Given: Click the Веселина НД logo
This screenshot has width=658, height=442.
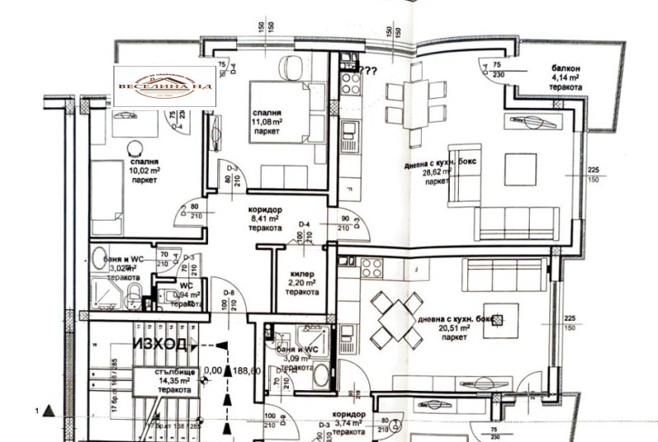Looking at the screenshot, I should pos(164,86).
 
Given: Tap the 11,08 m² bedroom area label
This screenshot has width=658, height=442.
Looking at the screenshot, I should pos(268,121).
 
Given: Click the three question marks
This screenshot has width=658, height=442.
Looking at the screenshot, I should pos(368,70).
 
